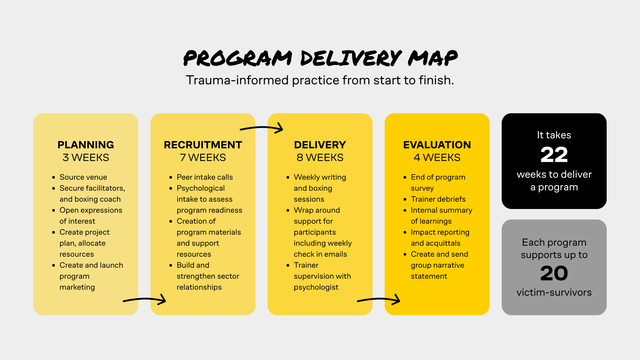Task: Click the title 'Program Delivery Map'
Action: pos(320,58)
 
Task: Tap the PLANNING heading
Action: pos(86,145)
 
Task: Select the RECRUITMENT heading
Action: pos(203,145)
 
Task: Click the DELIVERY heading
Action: pos(320,145)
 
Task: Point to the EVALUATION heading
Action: pos(437,145)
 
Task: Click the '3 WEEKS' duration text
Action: pos(86,157)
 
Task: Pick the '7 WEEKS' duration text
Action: pos(203,157)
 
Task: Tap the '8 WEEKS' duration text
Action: pos(320,157)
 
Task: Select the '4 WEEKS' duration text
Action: pos(437,157)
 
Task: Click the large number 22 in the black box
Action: pos(554,155)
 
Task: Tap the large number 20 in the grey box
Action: pos(554,273)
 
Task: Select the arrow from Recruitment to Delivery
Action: pos(262,128)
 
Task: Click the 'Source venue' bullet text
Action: pos(83,177)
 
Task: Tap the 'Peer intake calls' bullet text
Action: pos(205,177)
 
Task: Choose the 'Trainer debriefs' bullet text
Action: pos(438,199)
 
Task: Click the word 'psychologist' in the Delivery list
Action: pos(316,287)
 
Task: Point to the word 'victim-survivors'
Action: pos(554,292)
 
